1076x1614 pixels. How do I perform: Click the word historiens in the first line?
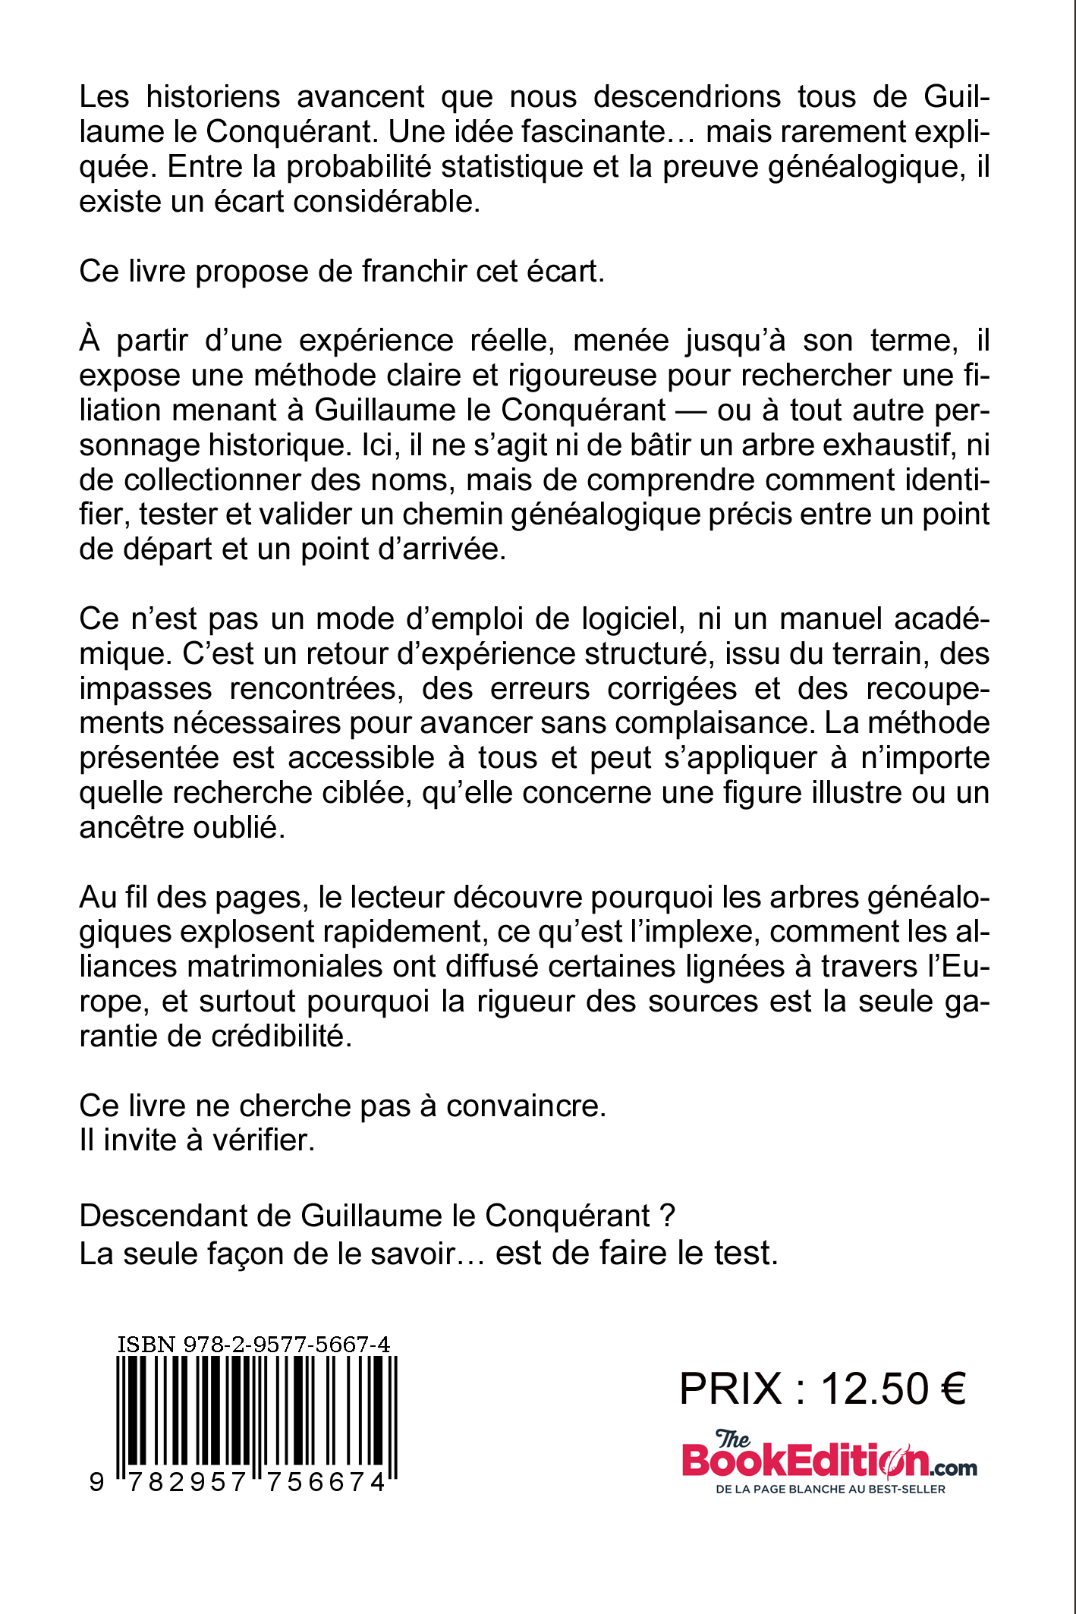213,97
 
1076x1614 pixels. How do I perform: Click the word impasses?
146,689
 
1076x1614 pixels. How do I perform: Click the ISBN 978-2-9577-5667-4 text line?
253,1345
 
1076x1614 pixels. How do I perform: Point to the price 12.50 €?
892,1389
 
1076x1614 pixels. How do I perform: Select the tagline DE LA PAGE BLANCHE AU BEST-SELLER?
830,1489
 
